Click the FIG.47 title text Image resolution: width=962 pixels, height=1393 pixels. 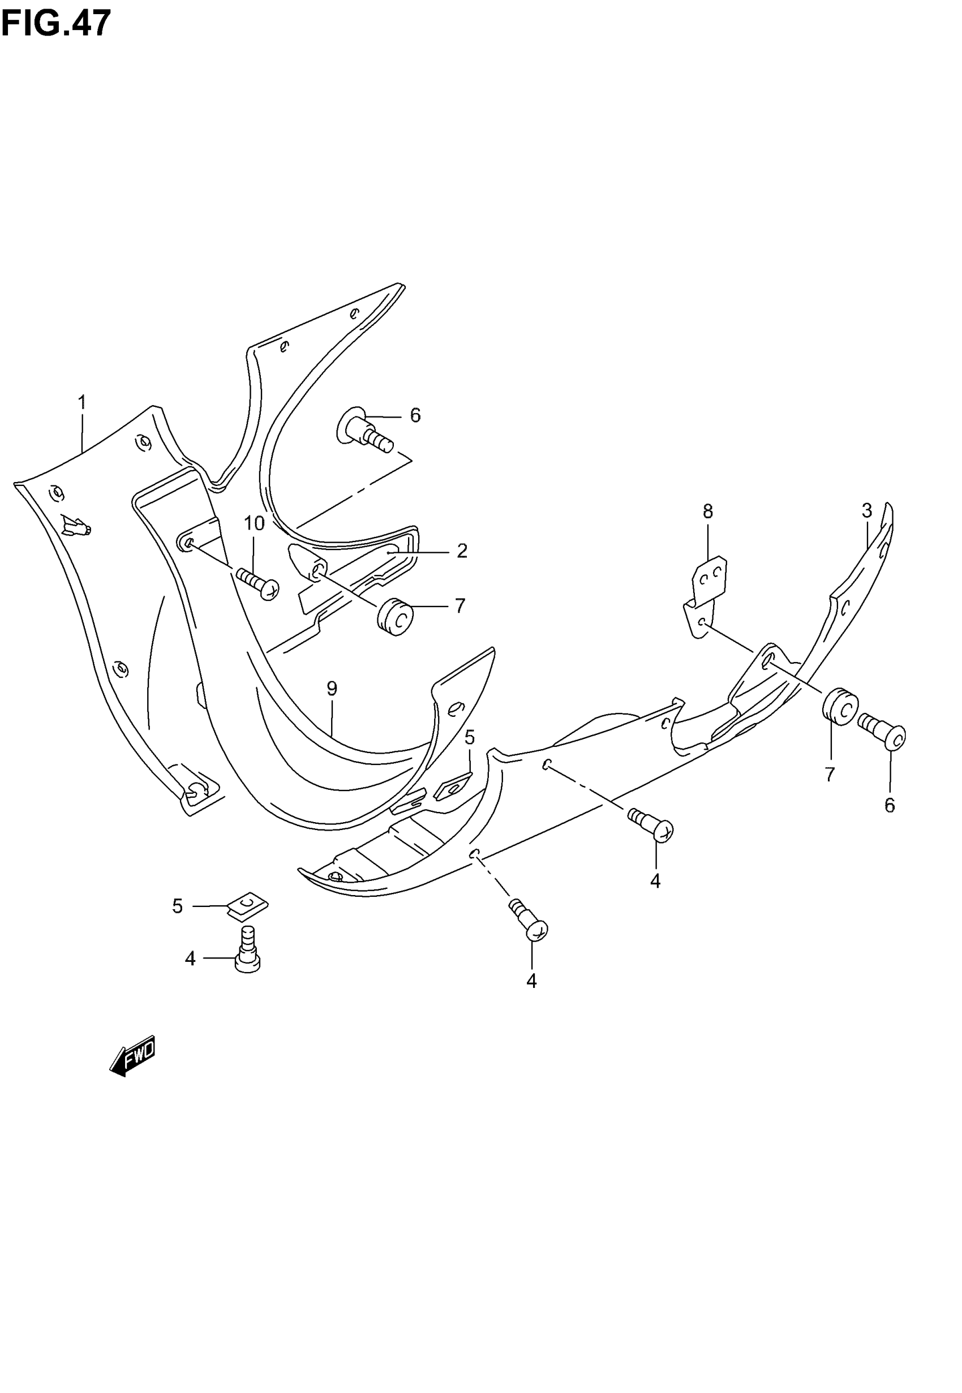[56, 23]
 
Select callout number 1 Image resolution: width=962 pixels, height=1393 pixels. [82, 402]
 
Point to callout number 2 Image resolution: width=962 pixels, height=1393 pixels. [462, 551]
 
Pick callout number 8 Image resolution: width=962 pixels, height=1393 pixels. [708, 511]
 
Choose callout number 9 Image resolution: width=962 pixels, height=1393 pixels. [332, 689]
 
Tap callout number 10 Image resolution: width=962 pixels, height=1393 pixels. [254, 523]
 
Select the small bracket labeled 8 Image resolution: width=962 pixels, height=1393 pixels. [706, 595]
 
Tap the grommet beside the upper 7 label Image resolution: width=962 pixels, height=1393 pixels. [395, 616]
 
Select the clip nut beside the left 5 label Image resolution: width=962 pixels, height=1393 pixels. [247, 906]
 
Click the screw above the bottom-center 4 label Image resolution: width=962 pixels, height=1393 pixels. [530, 923]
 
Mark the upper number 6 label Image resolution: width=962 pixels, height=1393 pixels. [415, 415]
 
